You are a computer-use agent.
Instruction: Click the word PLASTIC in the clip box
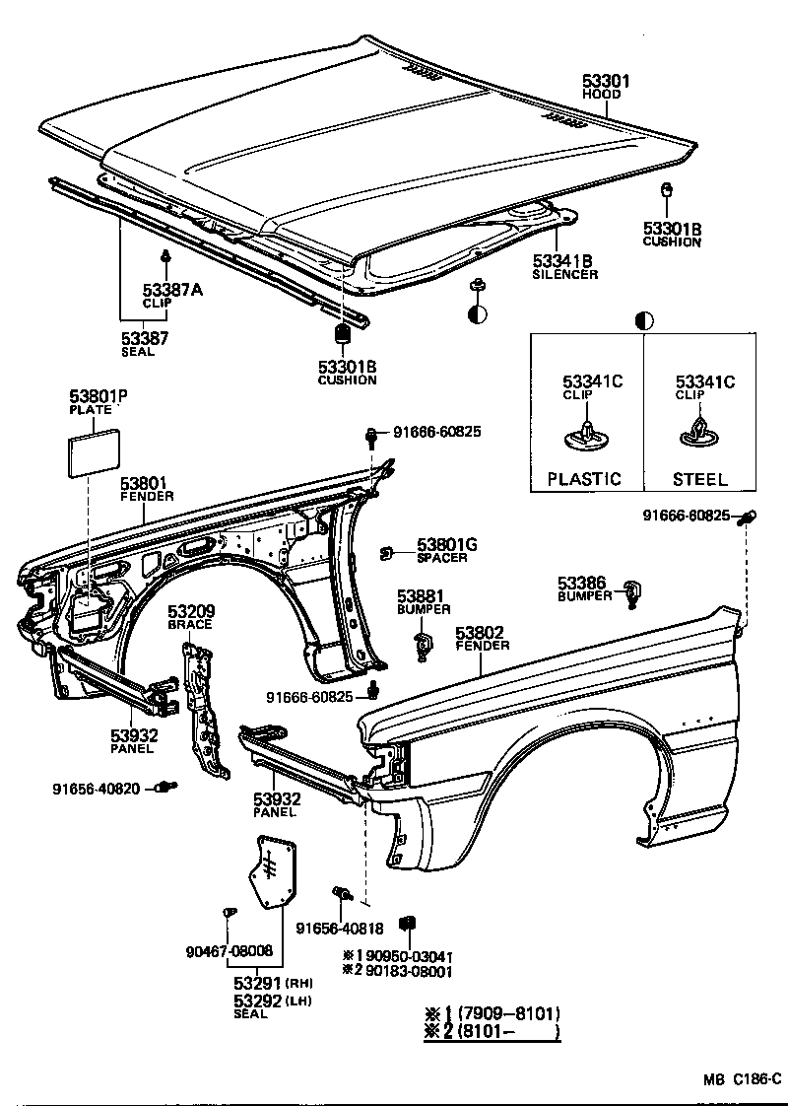pyautogui.click(x=585, y=479)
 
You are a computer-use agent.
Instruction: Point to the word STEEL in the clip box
pyautogui.click(x=699, y=479)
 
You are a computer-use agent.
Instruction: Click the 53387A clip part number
pyautogui.click(x=173, y=289)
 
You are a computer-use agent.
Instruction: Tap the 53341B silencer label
pyautogui.click(x=563, y=261)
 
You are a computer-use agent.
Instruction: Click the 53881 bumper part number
pyautogui.click(x=422, y=596)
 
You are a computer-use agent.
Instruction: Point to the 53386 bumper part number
pyautogui.click(x=581, y=584)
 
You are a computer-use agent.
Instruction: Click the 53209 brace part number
pyautogui.click(x=190, y=612)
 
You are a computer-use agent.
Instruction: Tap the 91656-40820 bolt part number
pyautogui.click(x=97, y=788)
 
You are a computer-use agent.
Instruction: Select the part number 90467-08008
pyautogui.click(x=229, y=951)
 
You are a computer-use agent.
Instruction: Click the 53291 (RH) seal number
pyautogui.click(x=258, y=983)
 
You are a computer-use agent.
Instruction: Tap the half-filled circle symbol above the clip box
pyautogui.click(x=645, y=320)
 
